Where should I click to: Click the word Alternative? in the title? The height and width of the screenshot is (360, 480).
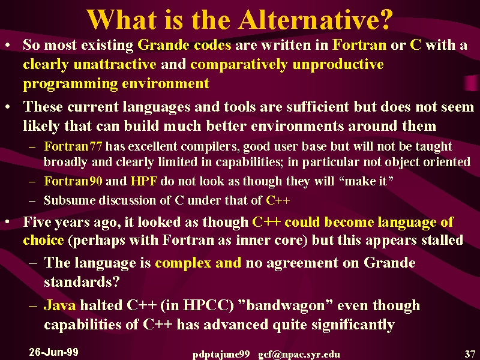click(316, 20)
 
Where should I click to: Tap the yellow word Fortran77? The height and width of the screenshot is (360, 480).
click(73, 146)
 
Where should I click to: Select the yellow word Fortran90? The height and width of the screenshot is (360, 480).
click(73, 181)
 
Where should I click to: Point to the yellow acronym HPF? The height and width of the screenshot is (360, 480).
click(144, 181)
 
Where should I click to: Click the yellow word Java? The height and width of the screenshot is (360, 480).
click(59, 305)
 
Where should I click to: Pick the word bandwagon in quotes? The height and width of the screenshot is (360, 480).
click(285, 305)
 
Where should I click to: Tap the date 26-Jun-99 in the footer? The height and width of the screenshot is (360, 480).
click(53, 352)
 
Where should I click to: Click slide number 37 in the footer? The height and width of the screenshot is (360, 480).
click(470, 354)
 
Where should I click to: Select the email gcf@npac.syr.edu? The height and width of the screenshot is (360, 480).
click(299, 355)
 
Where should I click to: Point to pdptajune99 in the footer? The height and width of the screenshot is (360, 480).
click(221, 355)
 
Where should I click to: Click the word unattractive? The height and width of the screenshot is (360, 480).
click(115, 64)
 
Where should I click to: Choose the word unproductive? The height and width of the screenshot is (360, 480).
click(338, 65)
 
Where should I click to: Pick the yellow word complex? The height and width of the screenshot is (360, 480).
click(183, 263)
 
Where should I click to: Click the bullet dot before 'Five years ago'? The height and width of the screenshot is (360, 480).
click(8, 222)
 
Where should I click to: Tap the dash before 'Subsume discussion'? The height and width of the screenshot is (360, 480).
click(32, 201)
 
